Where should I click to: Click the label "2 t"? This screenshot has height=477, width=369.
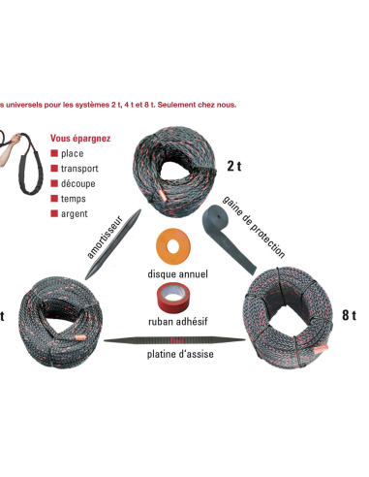pyautogui.click(x=234, y=165)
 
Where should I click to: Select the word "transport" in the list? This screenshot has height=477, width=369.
pyautogui.click(x=81, y=169)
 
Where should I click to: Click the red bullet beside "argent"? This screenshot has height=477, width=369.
pyautogui.click(x=54, y=212)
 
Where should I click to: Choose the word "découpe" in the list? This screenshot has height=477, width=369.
pyautogui.click(x=79, y=183)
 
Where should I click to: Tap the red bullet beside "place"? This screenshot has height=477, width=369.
pyautogui.click(x=54, y=154)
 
